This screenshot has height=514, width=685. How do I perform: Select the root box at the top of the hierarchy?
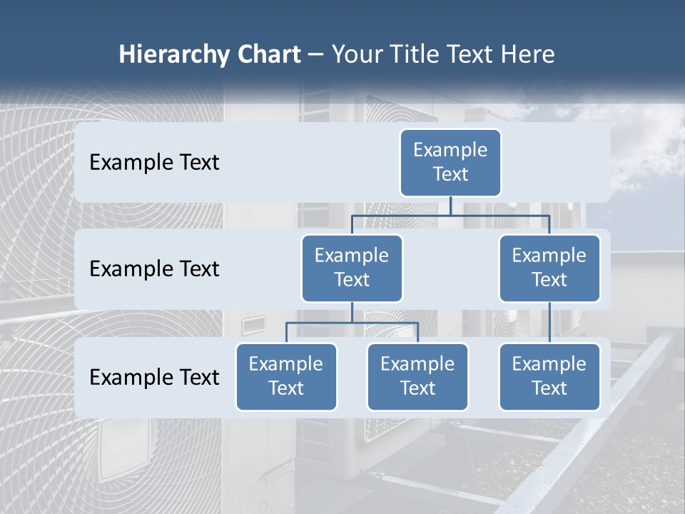(450, 162)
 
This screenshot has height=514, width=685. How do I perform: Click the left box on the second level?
(352, 268)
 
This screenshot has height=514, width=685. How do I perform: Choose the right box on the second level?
(549, 268)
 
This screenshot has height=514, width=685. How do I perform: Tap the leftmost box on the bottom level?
(286, 376)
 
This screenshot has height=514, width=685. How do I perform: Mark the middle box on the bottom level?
(417, 376)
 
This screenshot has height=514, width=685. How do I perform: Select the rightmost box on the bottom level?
(549, 376)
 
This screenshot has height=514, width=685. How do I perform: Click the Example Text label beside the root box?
(154, 162)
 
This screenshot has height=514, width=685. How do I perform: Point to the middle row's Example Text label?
(154, 268)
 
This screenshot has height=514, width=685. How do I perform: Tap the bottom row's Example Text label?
(154, 377)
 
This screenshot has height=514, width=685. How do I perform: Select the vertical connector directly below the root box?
(450, 206)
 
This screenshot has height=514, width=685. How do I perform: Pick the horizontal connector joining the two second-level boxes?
(450, 214)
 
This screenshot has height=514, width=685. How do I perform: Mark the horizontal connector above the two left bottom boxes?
(352, 323)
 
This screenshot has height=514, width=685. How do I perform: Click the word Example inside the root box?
(450, 150)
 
